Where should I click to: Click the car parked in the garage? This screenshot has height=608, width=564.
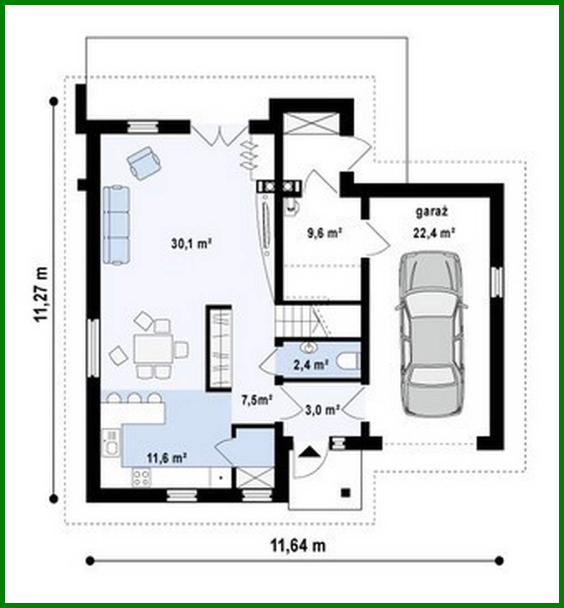tap(431, 333)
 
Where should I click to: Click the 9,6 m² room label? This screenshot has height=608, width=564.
tap(324, 233)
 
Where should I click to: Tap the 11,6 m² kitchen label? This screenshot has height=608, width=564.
tap(166, 457)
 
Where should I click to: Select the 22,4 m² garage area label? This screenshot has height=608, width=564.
tap(434, 233)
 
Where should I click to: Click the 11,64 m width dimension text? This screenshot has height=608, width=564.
tap(298, 545)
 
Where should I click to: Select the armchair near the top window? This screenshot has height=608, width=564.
tap(144, 162)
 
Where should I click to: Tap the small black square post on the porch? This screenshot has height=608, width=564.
tap(346, 492)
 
